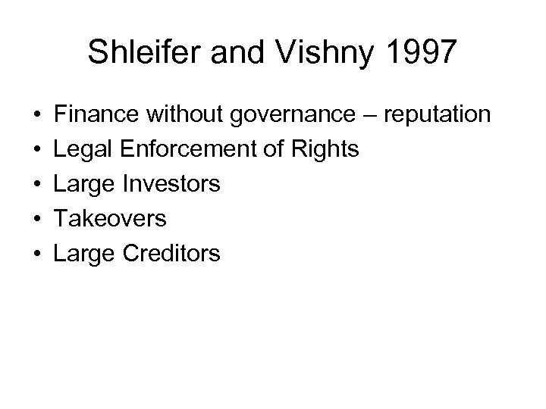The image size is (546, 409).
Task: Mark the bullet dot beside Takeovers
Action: click(x=36, y=220)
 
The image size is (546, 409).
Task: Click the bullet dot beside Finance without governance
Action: click(x=36, y=116)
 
